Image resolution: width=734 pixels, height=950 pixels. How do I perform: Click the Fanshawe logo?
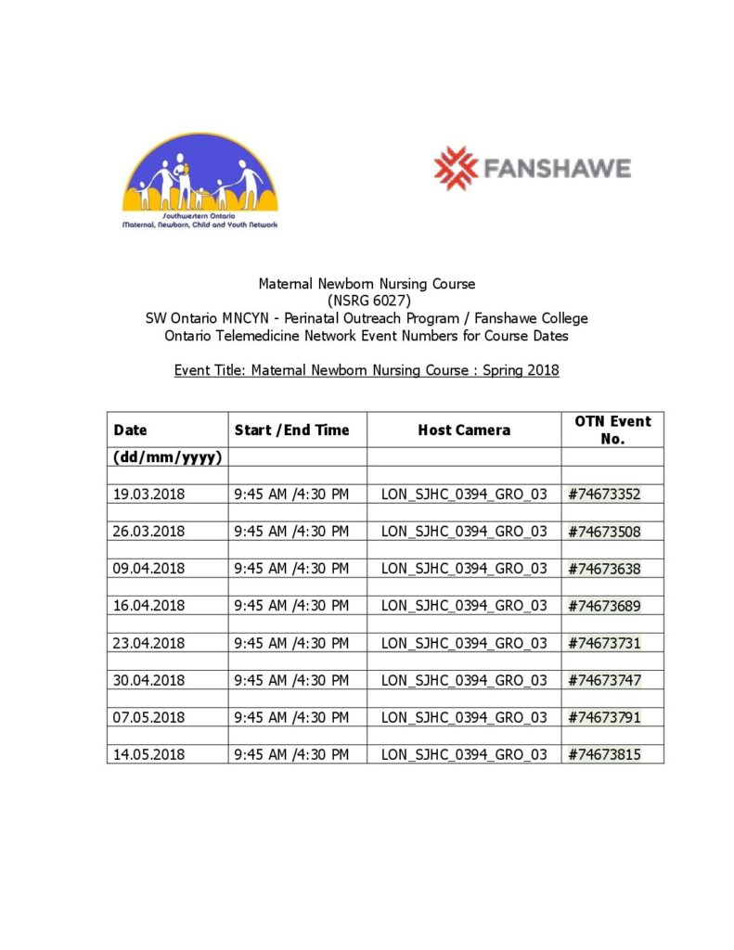pos(532,168)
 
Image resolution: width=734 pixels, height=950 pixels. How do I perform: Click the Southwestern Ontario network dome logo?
pos(200,180)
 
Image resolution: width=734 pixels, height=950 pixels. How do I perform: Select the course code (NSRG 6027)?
pos(368,301)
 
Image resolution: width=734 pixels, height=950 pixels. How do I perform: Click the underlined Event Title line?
pos(367,370)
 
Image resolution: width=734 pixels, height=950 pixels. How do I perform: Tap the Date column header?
pos(130,430)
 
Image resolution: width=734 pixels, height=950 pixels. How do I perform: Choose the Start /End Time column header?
pos(291,430)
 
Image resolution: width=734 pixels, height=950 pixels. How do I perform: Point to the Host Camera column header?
pos(464,430)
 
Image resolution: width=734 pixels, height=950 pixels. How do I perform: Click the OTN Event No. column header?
pos(612,430)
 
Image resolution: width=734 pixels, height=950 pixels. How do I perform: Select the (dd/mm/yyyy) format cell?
pos(167,456)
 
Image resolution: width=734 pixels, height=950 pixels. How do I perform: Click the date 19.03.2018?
pos(149,494)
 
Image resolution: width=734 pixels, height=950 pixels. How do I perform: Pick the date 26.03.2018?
pos(149,532)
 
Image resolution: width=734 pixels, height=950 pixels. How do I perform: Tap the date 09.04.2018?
pos(149,569)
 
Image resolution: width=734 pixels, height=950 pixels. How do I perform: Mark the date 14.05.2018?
pos(149,754)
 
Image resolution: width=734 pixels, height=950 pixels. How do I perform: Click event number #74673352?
pos(604,494)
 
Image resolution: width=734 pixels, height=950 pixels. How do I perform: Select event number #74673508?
pos(604,532)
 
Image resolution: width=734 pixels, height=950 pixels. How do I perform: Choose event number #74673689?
pos(604,606)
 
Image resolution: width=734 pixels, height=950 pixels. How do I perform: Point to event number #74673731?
pos(604,643)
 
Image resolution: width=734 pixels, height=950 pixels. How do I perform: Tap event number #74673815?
pos(604,754)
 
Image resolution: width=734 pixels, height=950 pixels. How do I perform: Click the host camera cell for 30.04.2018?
pos(464,680)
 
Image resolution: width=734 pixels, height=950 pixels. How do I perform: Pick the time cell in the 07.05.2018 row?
pos(291,717)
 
